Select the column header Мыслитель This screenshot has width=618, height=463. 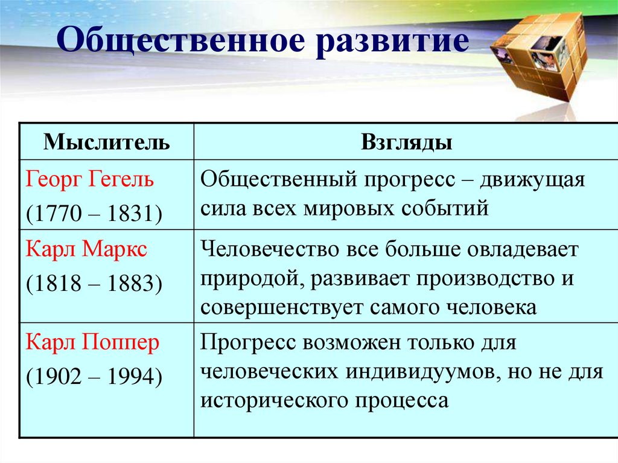point(107,142)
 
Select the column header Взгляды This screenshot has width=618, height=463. point(407,142)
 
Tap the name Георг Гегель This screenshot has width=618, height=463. point(90,179)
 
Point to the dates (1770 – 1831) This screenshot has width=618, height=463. point(94,213)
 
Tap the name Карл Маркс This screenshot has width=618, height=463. point(86,249)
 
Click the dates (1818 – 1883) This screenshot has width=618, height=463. point(94,283)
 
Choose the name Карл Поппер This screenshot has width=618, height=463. point(92,343)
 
